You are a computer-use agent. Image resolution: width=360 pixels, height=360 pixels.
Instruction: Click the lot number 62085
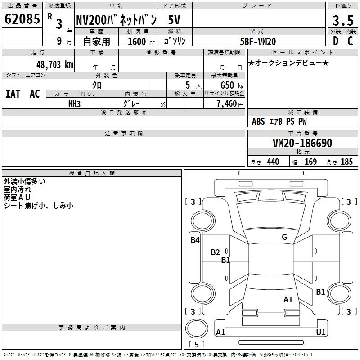tap(22, 19)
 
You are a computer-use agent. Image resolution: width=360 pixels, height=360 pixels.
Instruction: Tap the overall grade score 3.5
tap(343, 20)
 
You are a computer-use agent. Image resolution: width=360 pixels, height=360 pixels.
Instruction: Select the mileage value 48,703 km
tap(55, 65)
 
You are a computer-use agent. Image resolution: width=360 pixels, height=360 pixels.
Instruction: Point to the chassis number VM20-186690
tap(302, 143)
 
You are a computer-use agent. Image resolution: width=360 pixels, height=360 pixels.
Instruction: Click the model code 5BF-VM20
tap(258, 41)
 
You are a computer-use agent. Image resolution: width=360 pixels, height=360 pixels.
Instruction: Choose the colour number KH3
tap(74, 104)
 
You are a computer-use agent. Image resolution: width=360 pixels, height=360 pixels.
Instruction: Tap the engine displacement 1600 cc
tap(141, 41)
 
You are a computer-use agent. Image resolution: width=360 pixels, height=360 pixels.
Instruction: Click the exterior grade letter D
tap(336, 41)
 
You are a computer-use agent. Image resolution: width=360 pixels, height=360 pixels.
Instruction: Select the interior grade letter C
tap(350, 41)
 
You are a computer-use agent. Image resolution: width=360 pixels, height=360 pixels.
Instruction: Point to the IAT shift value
tap(13, 94)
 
